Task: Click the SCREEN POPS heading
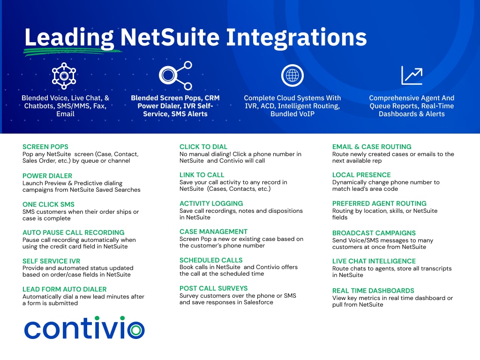click(45, 147)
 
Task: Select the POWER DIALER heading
click(47, 176)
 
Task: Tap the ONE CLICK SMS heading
click(48, 204)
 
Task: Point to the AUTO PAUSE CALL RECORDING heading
click(74, 232)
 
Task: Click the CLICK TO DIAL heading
click(203, 147)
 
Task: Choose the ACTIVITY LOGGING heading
click(211, 203)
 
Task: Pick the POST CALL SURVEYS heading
click(213, 288)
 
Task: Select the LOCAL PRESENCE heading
click(361, 175)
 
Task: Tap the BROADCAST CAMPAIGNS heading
click(374, 233)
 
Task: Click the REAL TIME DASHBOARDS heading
click(373, 291)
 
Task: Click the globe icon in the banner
click(292, 75)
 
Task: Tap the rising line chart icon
click(412, 75)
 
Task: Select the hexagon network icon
click(64, 75)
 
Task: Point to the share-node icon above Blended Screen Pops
click(175, 75)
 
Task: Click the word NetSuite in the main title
click(170, 37)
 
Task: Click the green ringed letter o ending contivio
click(136, 330)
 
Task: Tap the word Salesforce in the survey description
click(258, 302)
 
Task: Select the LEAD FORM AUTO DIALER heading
click(64, 289)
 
